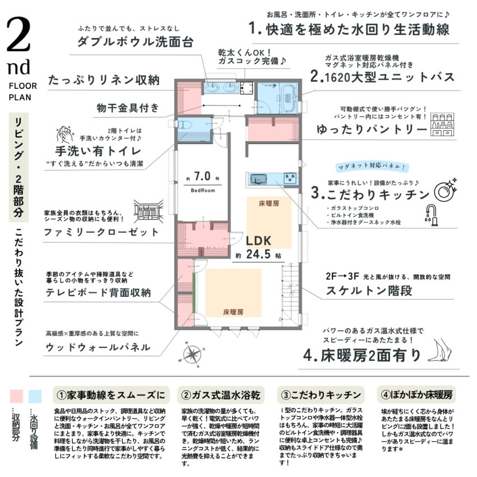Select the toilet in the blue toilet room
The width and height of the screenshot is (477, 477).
[186, 126]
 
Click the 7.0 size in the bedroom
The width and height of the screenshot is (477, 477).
[203, 177]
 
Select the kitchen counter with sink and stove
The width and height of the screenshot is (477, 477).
[272, 180]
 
